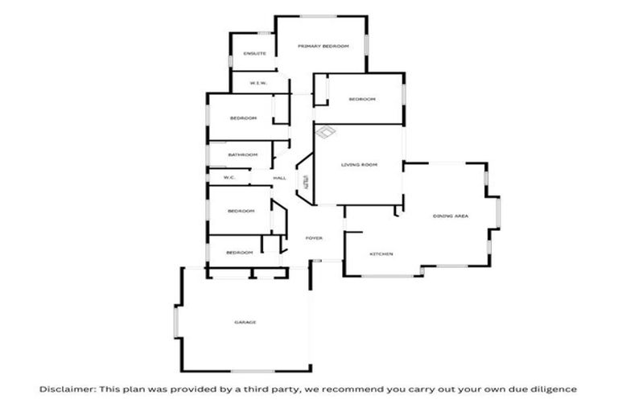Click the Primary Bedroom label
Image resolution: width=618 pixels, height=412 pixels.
[x=323, y=47]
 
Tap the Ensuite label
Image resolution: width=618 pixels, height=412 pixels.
[x=255, y=54]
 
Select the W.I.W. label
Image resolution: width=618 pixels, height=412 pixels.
[x=258, y=83]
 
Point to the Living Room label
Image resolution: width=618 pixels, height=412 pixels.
[x=359, y=165]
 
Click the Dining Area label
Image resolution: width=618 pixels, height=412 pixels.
[x=451, y=216]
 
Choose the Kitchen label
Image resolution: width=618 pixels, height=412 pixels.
[x=381, y=254]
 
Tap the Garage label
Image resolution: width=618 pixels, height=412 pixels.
[x=245, y=322]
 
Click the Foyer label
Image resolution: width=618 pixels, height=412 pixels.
[x=314, y=238]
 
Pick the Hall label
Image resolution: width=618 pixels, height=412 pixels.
[x=279, y=178]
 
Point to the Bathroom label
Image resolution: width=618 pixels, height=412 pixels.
[x=242, y=154]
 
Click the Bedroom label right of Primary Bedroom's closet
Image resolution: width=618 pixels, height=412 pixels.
[x=361, y=99]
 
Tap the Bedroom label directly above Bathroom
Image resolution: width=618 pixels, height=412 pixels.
[x=243, y=118]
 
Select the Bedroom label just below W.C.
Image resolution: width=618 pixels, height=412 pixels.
[x=241, y=211]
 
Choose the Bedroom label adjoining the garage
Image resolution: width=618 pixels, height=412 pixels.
[x=239, y=253]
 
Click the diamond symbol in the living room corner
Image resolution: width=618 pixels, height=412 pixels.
[x=325, y=132]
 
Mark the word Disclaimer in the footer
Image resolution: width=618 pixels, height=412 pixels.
[x=67, y=389]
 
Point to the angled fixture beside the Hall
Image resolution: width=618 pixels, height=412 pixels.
[x=306, y=179]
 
